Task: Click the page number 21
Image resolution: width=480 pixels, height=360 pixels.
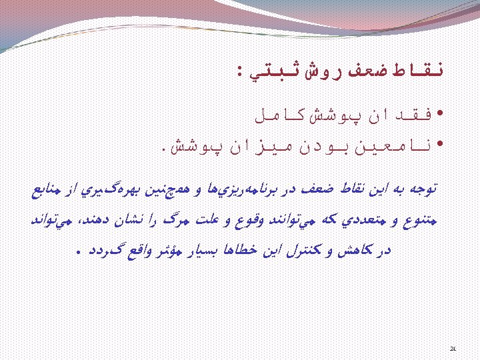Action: point(453,347)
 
